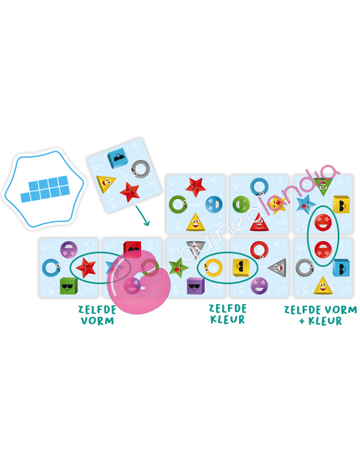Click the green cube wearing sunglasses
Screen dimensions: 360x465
coord(68,286)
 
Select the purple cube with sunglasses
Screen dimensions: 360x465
coord(196,286)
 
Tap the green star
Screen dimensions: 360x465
coord(178,268)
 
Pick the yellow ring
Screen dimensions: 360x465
coord(213,268)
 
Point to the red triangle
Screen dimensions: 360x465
coord(260,222)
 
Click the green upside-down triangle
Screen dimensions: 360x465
coord(323,186)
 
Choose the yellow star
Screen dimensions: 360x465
coord(276,204)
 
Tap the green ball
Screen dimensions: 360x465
coord(241,205)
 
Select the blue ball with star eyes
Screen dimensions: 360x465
coord(213,204)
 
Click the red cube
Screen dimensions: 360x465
coord(132,248)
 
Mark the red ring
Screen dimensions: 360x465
coord(259,250)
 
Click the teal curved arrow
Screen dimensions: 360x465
coord(143,216)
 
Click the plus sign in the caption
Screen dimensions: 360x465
coord(302,321)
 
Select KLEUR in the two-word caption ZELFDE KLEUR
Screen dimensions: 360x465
coord(228,319)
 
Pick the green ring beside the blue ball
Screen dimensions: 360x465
coord(178,204)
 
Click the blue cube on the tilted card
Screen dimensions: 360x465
coord(118,158)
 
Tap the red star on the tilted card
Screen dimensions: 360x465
coord(130,192)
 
